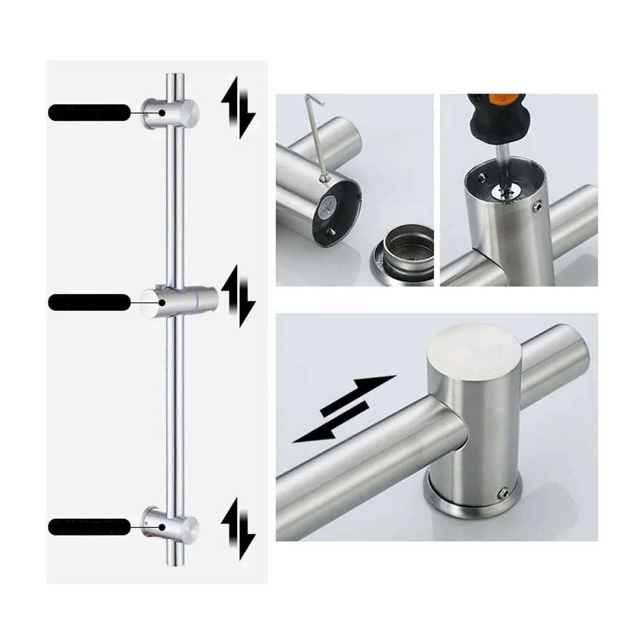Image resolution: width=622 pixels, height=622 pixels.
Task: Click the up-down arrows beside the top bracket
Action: point(238,107)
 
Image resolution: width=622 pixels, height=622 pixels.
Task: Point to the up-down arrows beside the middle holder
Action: point(238,296)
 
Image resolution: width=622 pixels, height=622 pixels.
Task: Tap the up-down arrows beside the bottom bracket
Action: point(238,528)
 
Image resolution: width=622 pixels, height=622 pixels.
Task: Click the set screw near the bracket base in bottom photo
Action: point(504,493)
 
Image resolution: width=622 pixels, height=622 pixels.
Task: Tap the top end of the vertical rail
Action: point(175,77)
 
